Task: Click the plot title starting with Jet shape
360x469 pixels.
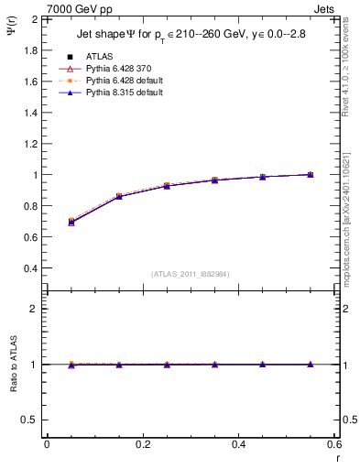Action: click(x=190, y=36)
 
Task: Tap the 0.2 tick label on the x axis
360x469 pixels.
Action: click(x=143, y=443)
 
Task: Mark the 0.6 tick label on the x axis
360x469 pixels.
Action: click(x=333, y=443)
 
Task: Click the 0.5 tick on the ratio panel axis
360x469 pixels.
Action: click(x=28, y=420)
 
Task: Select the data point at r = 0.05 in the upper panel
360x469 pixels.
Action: click(x=71, y=222)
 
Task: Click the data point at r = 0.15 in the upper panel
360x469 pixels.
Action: click(x=119, y=196)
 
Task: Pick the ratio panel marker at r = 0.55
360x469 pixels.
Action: click(x=310, y=365)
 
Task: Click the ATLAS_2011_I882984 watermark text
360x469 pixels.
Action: click(x=191, y=274)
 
